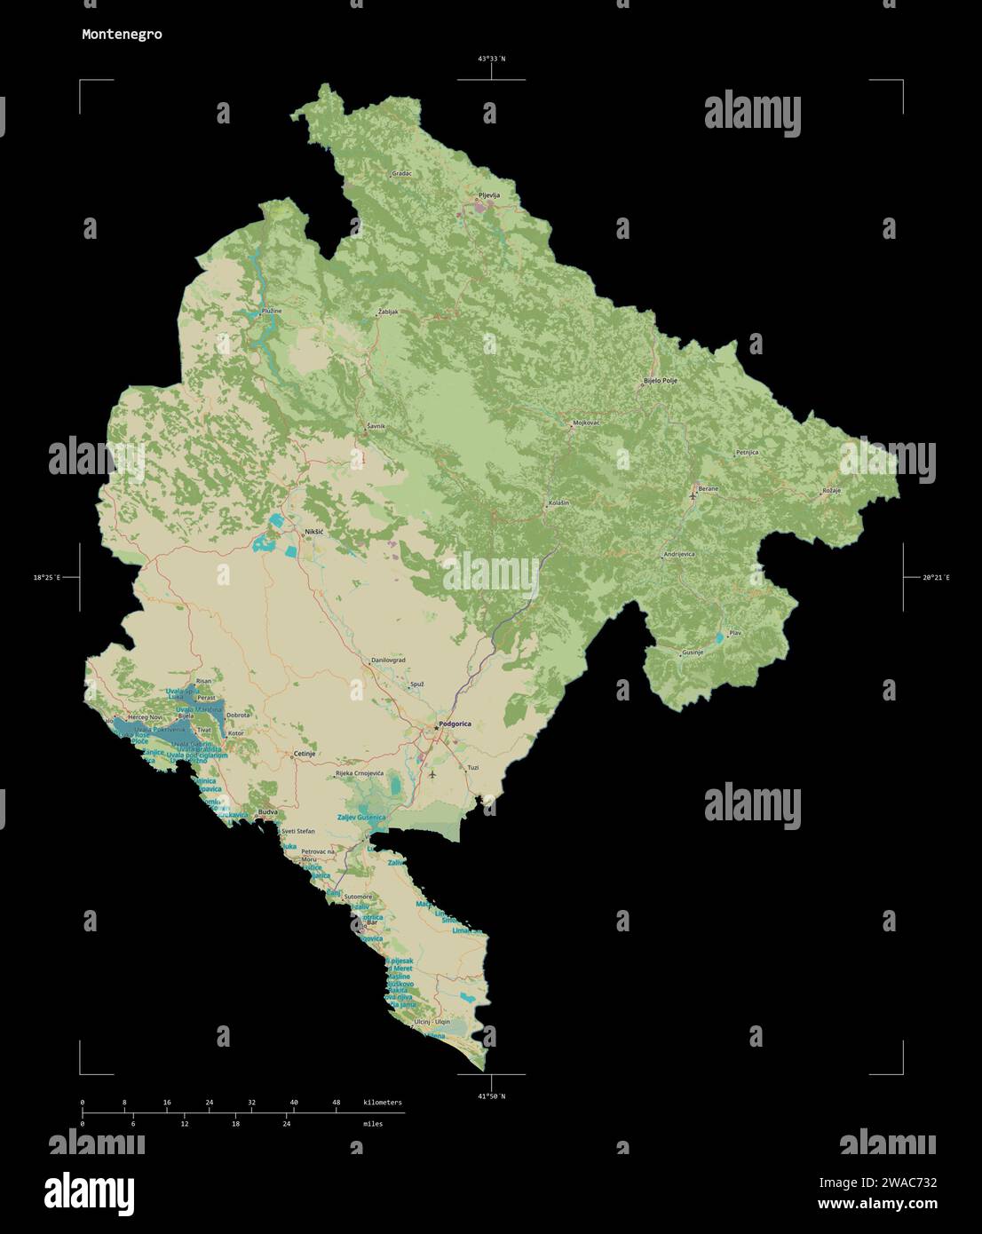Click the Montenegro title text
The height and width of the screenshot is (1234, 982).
122,35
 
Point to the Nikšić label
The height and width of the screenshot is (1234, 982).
314,532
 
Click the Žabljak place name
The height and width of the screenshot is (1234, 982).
388,312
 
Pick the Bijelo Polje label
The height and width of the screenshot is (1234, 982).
660,381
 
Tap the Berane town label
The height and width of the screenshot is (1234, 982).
708,488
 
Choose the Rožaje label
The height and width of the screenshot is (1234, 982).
831,490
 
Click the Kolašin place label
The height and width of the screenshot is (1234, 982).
558,503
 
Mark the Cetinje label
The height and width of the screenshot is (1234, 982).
305,753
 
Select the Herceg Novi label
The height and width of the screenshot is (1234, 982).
146,716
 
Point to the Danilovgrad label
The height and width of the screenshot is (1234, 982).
388,661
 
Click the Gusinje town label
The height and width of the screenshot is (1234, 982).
693,653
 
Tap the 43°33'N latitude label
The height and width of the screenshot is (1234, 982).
491,59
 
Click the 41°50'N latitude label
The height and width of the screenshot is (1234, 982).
491,1096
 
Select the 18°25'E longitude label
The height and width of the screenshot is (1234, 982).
47,578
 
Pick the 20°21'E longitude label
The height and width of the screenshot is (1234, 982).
935,578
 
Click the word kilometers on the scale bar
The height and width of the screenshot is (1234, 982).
383,1103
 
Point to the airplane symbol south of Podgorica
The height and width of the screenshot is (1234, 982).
432,773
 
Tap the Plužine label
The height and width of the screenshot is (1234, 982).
272,311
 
